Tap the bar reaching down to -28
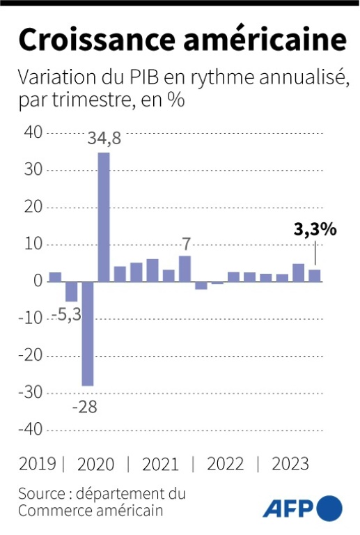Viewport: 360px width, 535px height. point(87,334)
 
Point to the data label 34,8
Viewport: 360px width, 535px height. point(104,139)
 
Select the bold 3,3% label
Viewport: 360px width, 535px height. point(315,229)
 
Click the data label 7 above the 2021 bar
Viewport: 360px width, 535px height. point(185,244)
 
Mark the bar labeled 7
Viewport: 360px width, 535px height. point(185,269)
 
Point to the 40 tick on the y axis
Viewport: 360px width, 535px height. point(33,132)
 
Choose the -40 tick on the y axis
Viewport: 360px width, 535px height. point(31,429)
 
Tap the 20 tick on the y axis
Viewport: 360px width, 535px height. point(33,207)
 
